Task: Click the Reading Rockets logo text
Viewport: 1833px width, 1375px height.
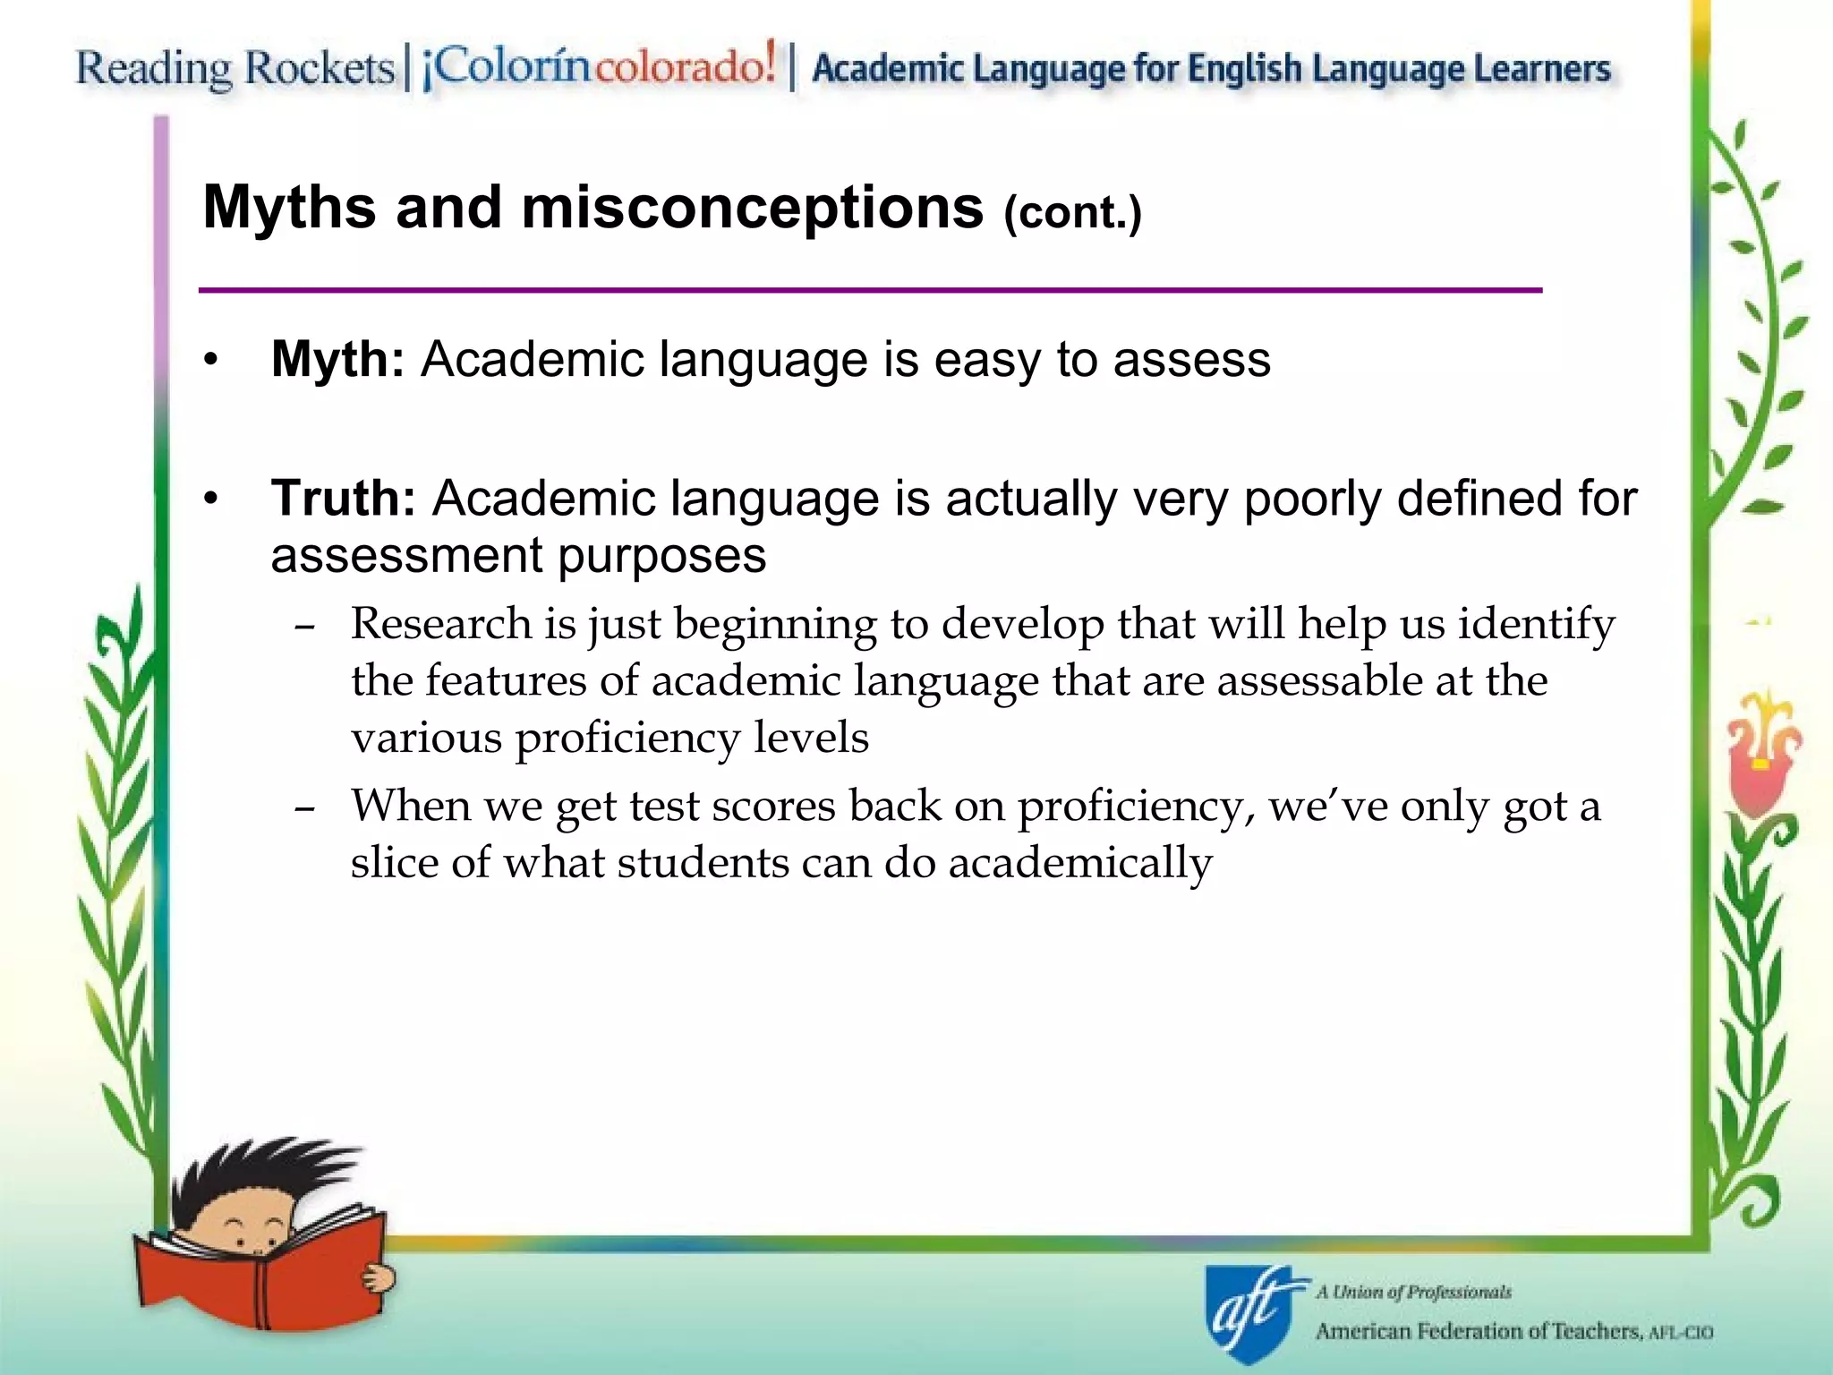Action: tap(234, 69)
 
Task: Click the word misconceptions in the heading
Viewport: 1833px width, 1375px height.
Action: tap(753, 208)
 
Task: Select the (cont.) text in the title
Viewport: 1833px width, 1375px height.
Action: tap(1072, 213)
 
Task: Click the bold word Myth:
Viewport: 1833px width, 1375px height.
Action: tap(337, 360)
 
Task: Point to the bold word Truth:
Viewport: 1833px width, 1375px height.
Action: tap(343, 499)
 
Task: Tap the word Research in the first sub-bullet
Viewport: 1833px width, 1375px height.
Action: tap(440, 623)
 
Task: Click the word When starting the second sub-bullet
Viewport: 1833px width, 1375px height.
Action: tap(411, 805)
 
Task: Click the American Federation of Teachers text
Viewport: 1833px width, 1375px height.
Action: tap(1478, 1332)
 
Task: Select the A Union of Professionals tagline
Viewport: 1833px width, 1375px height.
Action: tap(1413, 1292)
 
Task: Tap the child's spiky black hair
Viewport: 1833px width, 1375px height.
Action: tap(260, 1173)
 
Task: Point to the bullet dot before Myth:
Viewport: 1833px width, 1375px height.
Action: tap(210, 361)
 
